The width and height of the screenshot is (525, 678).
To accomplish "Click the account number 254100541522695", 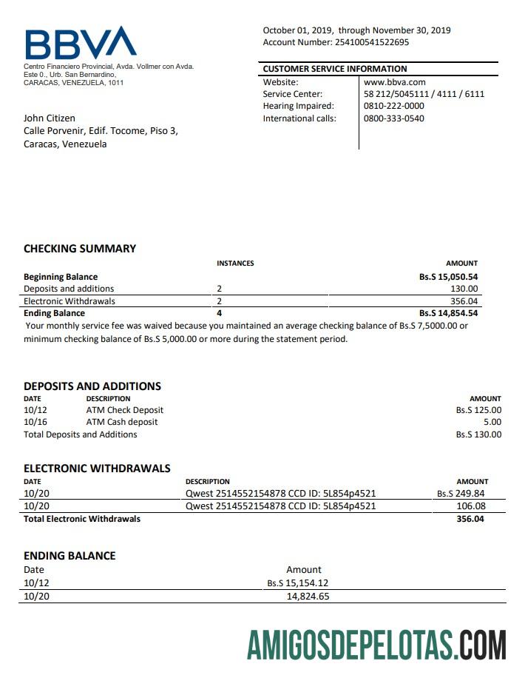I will pos(372,42).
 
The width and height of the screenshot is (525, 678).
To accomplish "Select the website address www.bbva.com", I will pos(394,82).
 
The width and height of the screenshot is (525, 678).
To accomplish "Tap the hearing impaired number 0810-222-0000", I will pos(393,106).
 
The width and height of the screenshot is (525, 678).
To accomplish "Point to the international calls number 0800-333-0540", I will pos(393,118).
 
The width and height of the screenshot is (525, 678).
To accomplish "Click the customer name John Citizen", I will pos(50,118).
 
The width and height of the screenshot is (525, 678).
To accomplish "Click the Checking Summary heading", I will pos(80,249).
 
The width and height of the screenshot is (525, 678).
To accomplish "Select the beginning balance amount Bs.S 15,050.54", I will pos(448,277).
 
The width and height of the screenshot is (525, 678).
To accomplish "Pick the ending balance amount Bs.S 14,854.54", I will pos(448,313).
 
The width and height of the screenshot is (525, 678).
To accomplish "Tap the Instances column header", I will pos(235,264).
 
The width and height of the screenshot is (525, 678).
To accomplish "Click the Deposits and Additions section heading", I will pos(92,386).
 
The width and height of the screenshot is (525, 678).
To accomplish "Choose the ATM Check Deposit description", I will pos(125,410).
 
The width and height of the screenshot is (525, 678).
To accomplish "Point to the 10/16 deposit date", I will pos(35,422).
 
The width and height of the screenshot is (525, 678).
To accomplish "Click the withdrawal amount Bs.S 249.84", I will pos(461,494).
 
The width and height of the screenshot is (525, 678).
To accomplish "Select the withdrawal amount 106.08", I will pos(471,506).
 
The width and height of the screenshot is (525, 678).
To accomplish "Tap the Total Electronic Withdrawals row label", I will pos(82,519).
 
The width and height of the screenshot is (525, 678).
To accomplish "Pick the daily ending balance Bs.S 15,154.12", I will pos(298,583).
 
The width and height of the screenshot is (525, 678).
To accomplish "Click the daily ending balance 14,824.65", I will pos(308,596).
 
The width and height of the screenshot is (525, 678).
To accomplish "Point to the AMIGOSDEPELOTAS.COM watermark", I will pos(376,645).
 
